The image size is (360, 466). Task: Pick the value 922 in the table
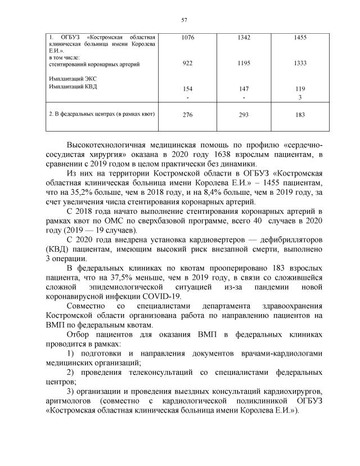pyautogui.click(x=188, y=64)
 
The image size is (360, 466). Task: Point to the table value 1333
pyautogui.click(x=300, y=64)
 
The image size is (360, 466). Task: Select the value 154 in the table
pyautogui.click(x=188, y=89)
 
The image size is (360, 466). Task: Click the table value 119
pyautogui.click(x=300, y=89)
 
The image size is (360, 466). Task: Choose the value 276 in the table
pyautogui.click(x=188, y=115)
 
